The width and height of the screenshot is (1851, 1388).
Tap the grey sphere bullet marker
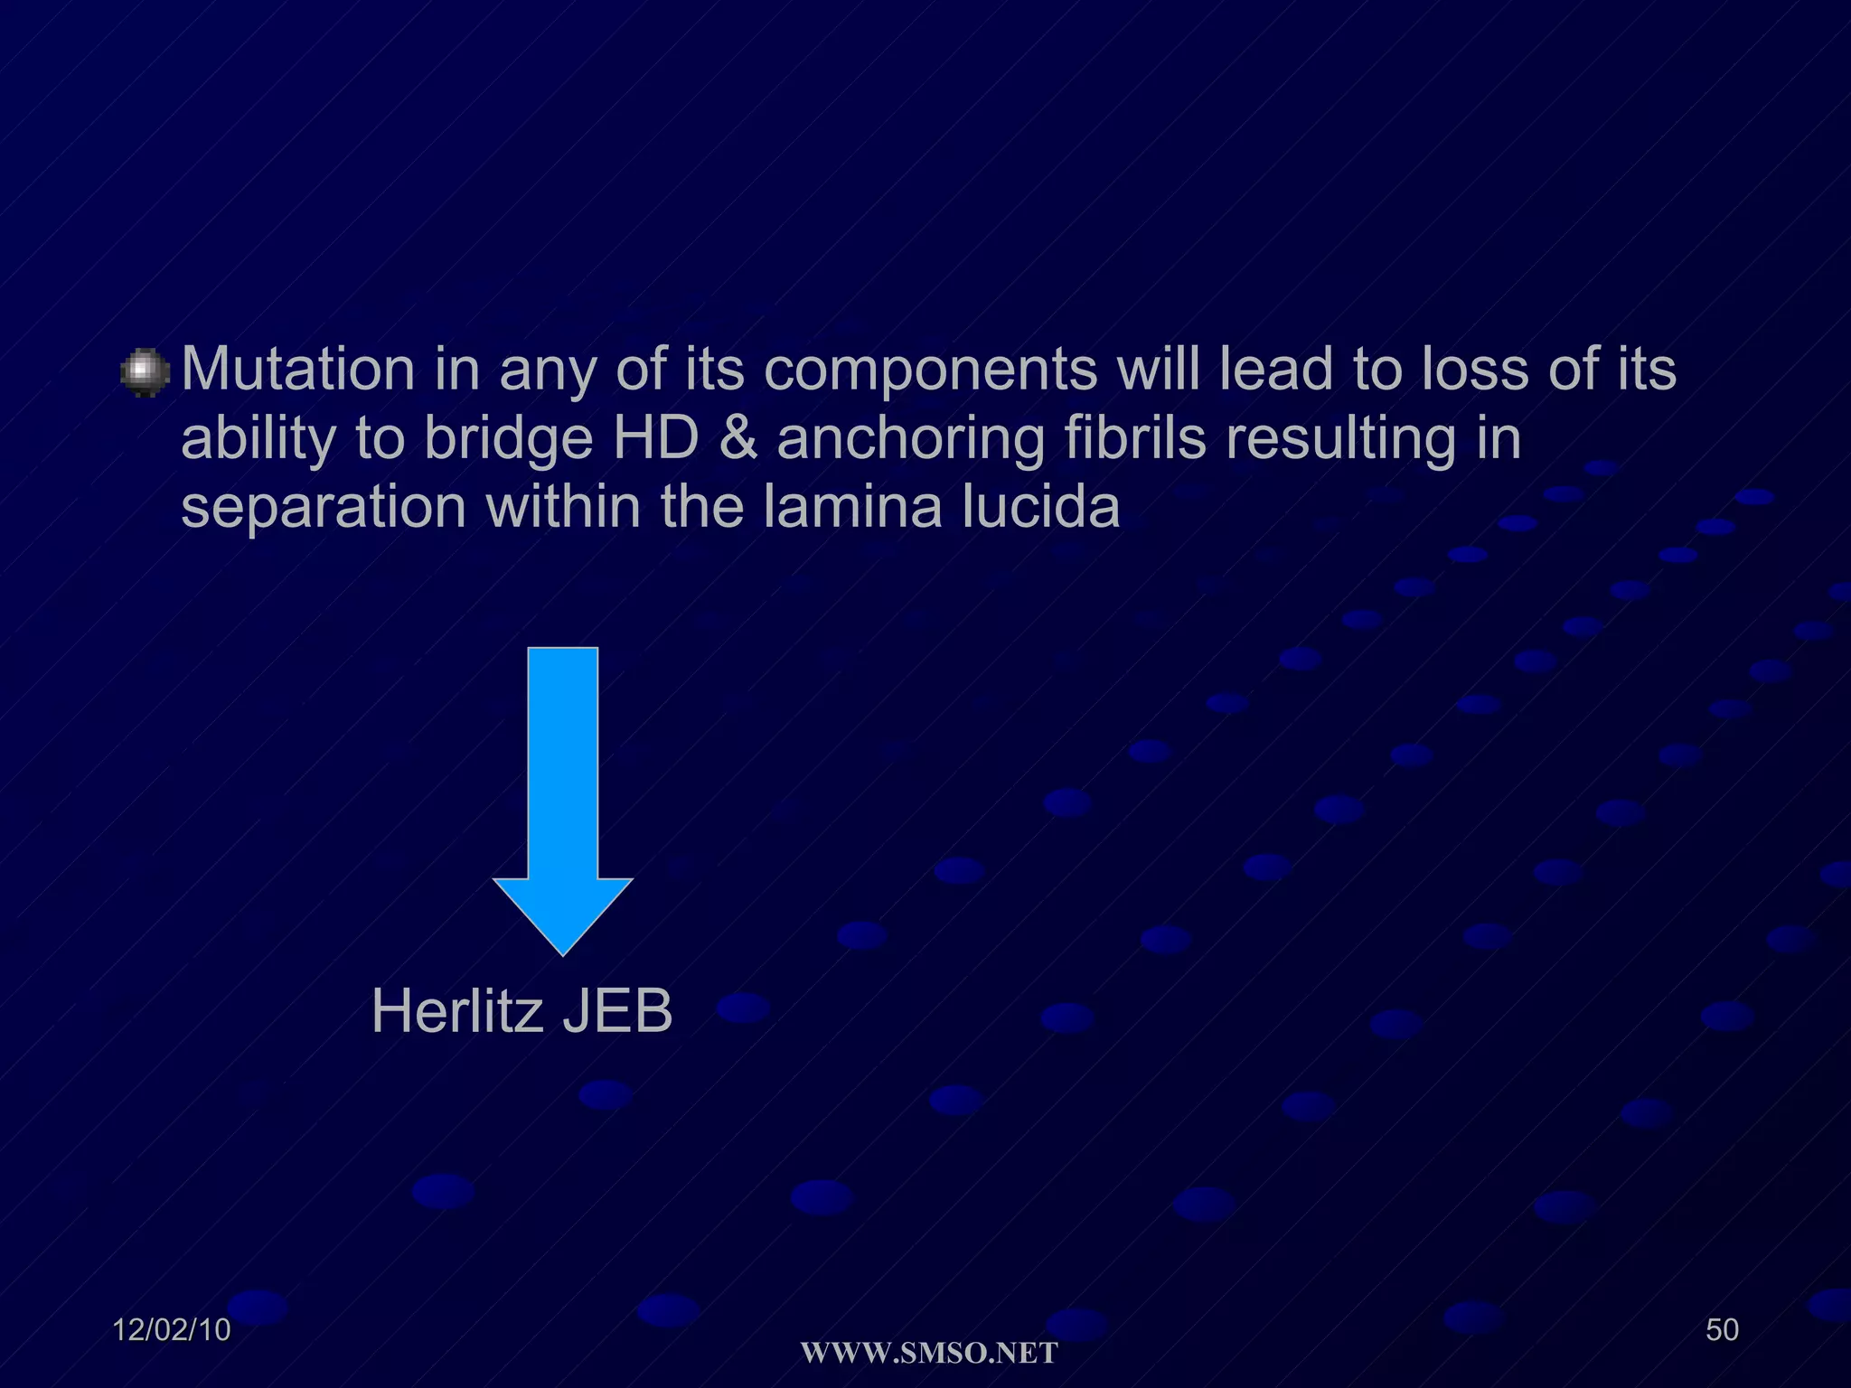145,373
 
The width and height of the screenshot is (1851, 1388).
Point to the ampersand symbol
738,438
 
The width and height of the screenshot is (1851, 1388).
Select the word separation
324,507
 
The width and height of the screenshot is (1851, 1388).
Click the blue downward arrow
562,795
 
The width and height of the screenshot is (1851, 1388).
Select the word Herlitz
456,1011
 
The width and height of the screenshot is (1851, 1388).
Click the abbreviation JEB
617,1011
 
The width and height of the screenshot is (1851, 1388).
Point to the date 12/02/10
172,1330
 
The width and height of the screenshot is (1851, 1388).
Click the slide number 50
1722,1330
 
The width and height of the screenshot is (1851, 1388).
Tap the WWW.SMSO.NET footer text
929,1353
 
